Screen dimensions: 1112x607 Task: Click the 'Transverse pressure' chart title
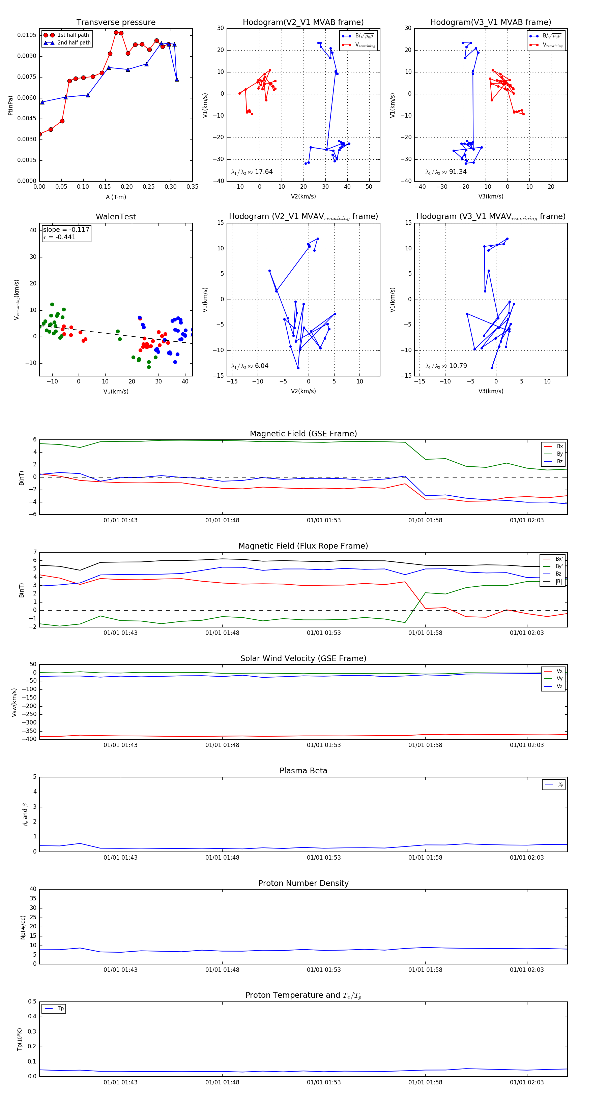tap(116, 23)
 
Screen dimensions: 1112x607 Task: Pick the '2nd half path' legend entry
tap(74, 43)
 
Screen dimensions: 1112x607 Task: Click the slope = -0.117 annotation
tap(66, 230)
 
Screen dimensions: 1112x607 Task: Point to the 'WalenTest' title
tap(116, 217)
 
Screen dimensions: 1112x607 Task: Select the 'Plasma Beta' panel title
tap(303, 771)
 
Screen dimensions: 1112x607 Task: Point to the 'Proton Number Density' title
tap(303, 883)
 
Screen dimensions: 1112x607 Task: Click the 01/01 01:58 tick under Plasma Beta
tap(425, 858)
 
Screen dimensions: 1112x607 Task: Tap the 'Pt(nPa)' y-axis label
tap(10, 105)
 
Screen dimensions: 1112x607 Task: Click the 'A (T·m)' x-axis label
tap(116, 197)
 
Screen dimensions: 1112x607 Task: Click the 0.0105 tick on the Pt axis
tap(27, 35)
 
